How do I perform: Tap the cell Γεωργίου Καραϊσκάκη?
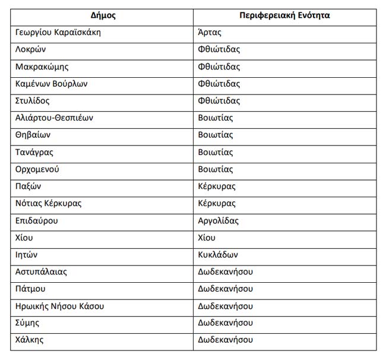[x=58, y=33]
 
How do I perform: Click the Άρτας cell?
[x=209, y=33]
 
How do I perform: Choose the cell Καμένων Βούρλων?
[x=52, y=84]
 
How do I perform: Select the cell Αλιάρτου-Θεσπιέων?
[x=55, y=118]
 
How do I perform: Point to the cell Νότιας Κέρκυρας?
[x=49, y=203]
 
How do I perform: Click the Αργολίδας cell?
[x=218, y=220]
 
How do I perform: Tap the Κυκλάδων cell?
[x=218, y=255]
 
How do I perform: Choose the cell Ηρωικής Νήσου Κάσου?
[x=60, y=307]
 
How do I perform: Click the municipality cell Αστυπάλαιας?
[x=42, y=272]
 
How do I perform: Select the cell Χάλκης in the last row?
[x=30, y=340]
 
